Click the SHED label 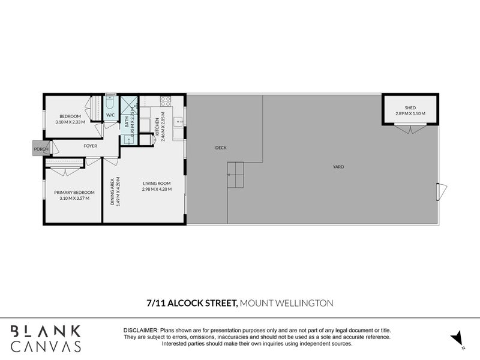coord(410,108)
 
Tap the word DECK coord(221,148)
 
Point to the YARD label coord(338,167)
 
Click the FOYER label coord(91,146)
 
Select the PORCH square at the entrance coord(41,149)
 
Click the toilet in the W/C coord(110,102)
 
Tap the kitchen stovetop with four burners coord(166,101)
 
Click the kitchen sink coord(178,122)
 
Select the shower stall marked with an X coord(129,105)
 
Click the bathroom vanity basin coord(129,140)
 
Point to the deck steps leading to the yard coord(235,175)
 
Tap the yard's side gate coord(442,191)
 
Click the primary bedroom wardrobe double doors coord(65,171)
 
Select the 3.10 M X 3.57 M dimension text coord(74,199)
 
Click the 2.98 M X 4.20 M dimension coord(157,189)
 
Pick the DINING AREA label coord(112,191)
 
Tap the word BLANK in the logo coord(46,332)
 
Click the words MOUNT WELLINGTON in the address coord(287,303)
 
